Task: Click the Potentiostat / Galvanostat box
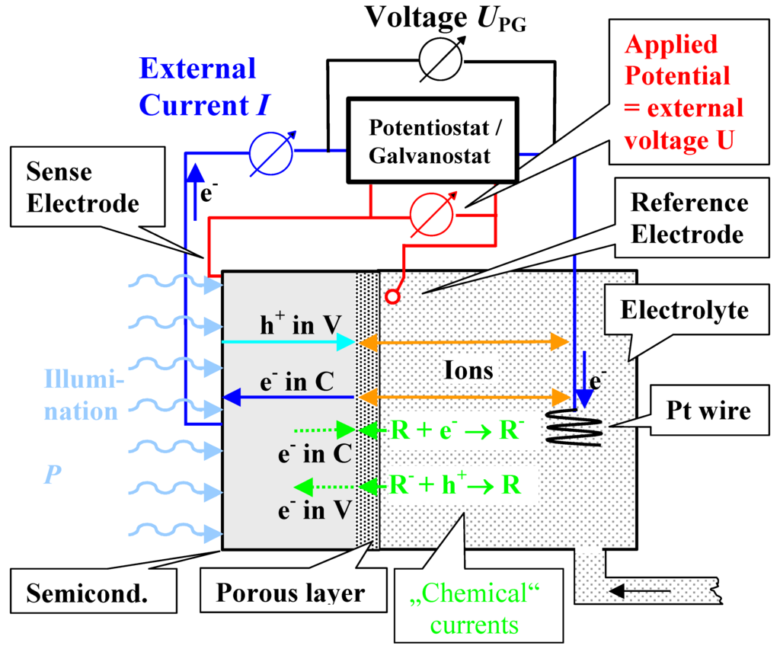(433, 140)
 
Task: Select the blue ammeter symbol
(270, 150)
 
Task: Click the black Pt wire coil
(574, 429)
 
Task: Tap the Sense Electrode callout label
(82, 188)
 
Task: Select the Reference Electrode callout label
(689, 218)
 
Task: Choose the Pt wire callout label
(708, 411)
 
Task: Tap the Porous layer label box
(290, 592)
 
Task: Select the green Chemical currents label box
(475, 609)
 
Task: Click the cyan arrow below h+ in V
(289, 344)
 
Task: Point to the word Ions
(468, 370)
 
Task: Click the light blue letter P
(51, 473)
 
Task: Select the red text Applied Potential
(676, 60)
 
